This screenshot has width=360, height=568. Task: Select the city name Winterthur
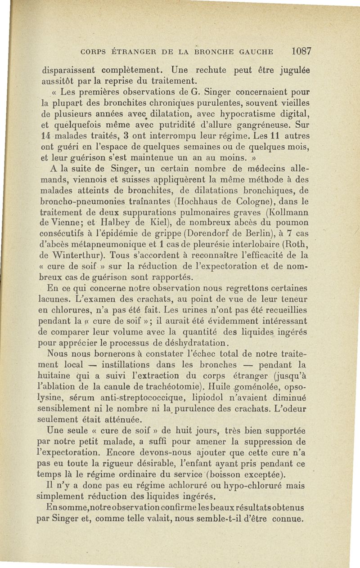click(72, 255)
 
